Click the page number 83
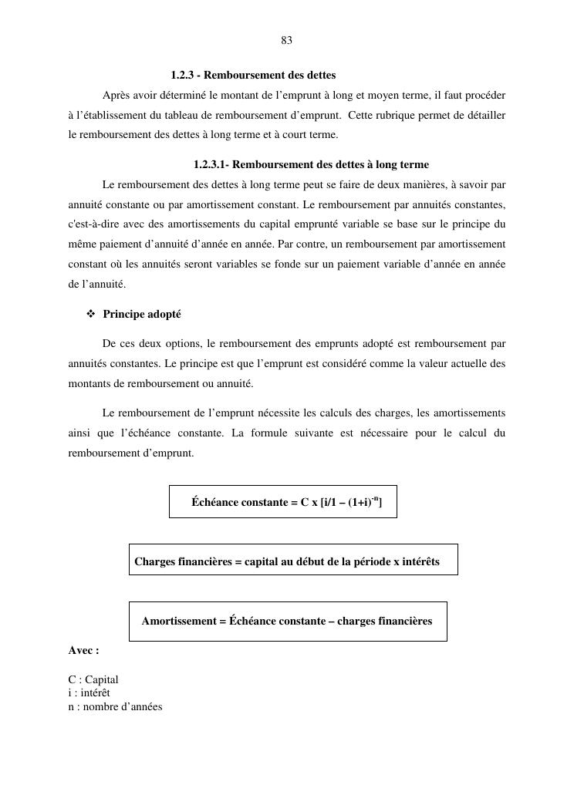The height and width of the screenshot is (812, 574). pyautogui.click(x=286, y=41)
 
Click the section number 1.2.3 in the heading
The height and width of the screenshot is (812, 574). pyautogui.click(x=181, y=76)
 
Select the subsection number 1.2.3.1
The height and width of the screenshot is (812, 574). pyautogui.click(x=210, y=165)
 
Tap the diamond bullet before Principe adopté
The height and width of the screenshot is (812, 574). pyautogui.click(x=90, y=315)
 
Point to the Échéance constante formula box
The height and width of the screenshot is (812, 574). pyautogui.click(x=282, y=501)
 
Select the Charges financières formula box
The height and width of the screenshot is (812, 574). pyautogui.click(x=292, y=559)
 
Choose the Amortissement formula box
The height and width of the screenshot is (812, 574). pyautogui.click(x=287, y=621)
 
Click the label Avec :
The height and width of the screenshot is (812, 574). pyautogui.click(x=83, y=651)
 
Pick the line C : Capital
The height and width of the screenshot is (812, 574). pyautogui.click(x=93, y=680)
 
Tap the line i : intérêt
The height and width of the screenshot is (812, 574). pyautogui.click(x=89, y=693)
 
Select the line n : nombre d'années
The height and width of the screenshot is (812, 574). pyautogui.click(x=115, y=706)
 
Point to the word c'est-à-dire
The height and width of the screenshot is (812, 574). pyautogui.click(x=94, y=225)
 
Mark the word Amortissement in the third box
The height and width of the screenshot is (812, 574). pyautogui.click(x=178, y=622)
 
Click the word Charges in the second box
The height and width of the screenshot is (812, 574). pyautogui.click(x=154, y=561)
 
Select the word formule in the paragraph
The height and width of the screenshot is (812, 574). pyautogui.click(x=268, y=433)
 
